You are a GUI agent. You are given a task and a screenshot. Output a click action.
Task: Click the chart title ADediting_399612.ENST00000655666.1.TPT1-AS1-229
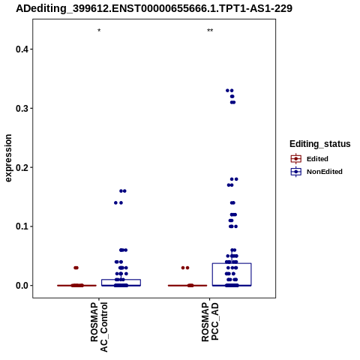tap(154, 9)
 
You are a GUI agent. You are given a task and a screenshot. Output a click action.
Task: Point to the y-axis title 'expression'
tap(8, 158)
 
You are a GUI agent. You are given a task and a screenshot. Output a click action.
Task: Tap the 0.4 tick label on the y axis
tap(22, 49)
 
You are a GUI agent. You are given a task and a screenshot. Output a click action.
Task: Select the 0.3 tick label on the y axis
tap(22, 108)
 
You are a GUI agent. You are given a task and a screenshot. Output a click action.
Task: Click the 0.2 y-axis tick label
tap(22, 167)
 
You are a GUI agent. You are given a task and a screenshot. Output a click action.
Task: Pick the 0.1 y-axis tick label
tap(22, 226)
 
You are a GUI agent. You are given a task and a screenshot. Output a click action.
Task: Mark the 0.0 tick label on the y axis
tap(22, 285)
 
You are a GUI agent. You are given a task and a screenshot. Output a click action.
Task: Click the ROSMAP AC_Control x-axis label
tap(99, 327)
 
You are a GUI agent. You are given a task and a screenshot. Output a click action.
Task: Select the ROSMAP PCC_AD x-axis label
tap(210, 322)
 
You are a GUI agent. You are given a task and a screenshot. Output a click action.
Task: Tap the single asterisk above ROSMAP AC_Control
tap(99, 31)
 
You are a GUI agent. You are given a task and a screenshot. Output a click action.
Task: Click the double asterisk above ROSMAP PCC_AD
tap(210, 31)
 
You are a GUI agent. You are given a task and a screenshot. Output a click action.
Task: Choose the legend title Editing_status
tap(320, 144)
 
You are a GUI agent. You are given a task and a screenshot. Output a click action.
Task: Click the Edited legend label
tap(317, 159)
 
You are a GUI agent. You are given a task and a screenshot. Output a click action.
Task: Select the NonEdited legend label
tap(325, 172)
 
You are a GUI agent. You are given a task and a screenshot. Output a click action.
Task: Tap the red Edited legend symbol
tap(296, 159)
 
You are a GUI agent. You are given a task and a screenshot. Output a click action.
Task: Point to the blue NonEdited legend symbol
tap(296, 172)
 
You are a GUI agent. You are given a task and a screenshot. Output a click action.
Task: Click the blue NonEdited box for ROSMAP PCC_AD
tap(232, 263)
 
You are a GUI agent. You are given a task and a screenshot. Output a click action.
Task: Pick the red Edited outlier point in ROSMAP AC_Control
tap(76, 268)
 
